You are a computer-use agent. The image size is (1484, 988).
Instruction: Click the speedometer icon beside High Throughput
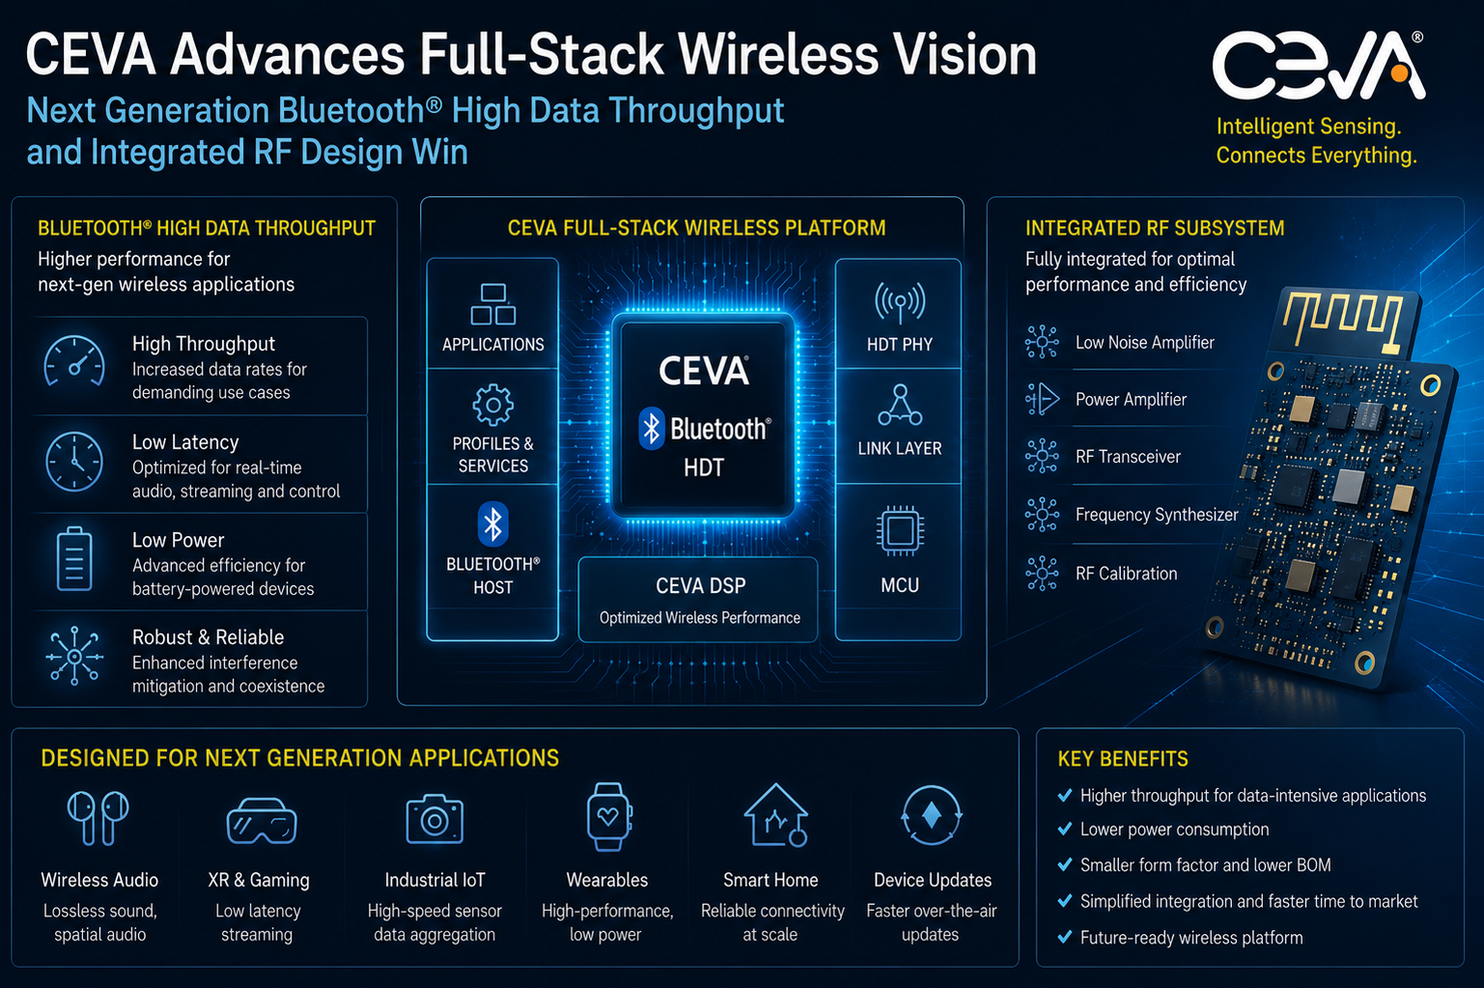(x=74, y=361)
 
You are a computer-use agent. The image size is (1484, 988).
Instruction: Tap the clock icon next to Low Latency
(x=74, y=462)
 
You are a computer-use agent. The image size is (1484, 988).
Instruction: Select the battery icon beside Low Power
(x=74, y=558)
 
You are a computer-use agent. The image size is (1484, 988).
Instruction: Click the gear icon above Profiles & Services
(x=493, y=405)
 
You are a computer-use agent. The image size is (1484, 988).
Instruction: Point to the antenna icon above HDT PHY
(x=900, y=302)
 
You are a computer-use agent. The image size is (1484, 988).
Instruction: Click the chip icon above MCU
(x=900, y=531)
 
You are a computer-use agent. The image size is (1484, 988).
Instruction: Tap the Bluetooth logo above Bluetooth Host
(x=493, y=524)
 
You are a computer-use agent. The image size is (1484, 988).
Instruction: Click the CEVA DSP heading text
(x=700, y=586)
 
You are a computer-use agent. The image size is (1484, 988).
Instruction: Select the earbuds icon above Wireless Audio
(x=98, y=818)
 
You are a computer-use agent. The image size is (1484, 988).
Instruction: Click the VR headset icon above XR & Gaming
(x=262, y=821)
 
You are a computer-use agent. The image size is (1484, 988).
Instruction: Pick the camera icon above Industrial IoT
(x=434, y=819)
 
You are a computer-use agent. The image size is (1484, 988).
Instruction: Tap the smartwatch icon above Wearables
(x=609, y=816)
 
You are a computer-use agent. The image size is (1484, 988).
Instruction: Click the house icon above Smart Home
(x=775, y=816)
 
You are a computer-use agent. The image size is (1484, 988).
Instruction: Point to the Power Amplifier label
(x=1131, y=400)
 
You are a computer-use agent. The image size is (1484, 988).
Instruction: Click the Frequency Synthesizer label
(x=1157, y=515)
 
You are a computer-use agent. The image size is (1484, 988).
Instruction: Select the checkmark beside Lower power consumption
(x=1065, y=829)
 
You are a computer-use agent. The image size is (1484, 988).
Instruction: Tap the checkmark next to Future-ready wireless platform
(x=1065, y=937)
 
